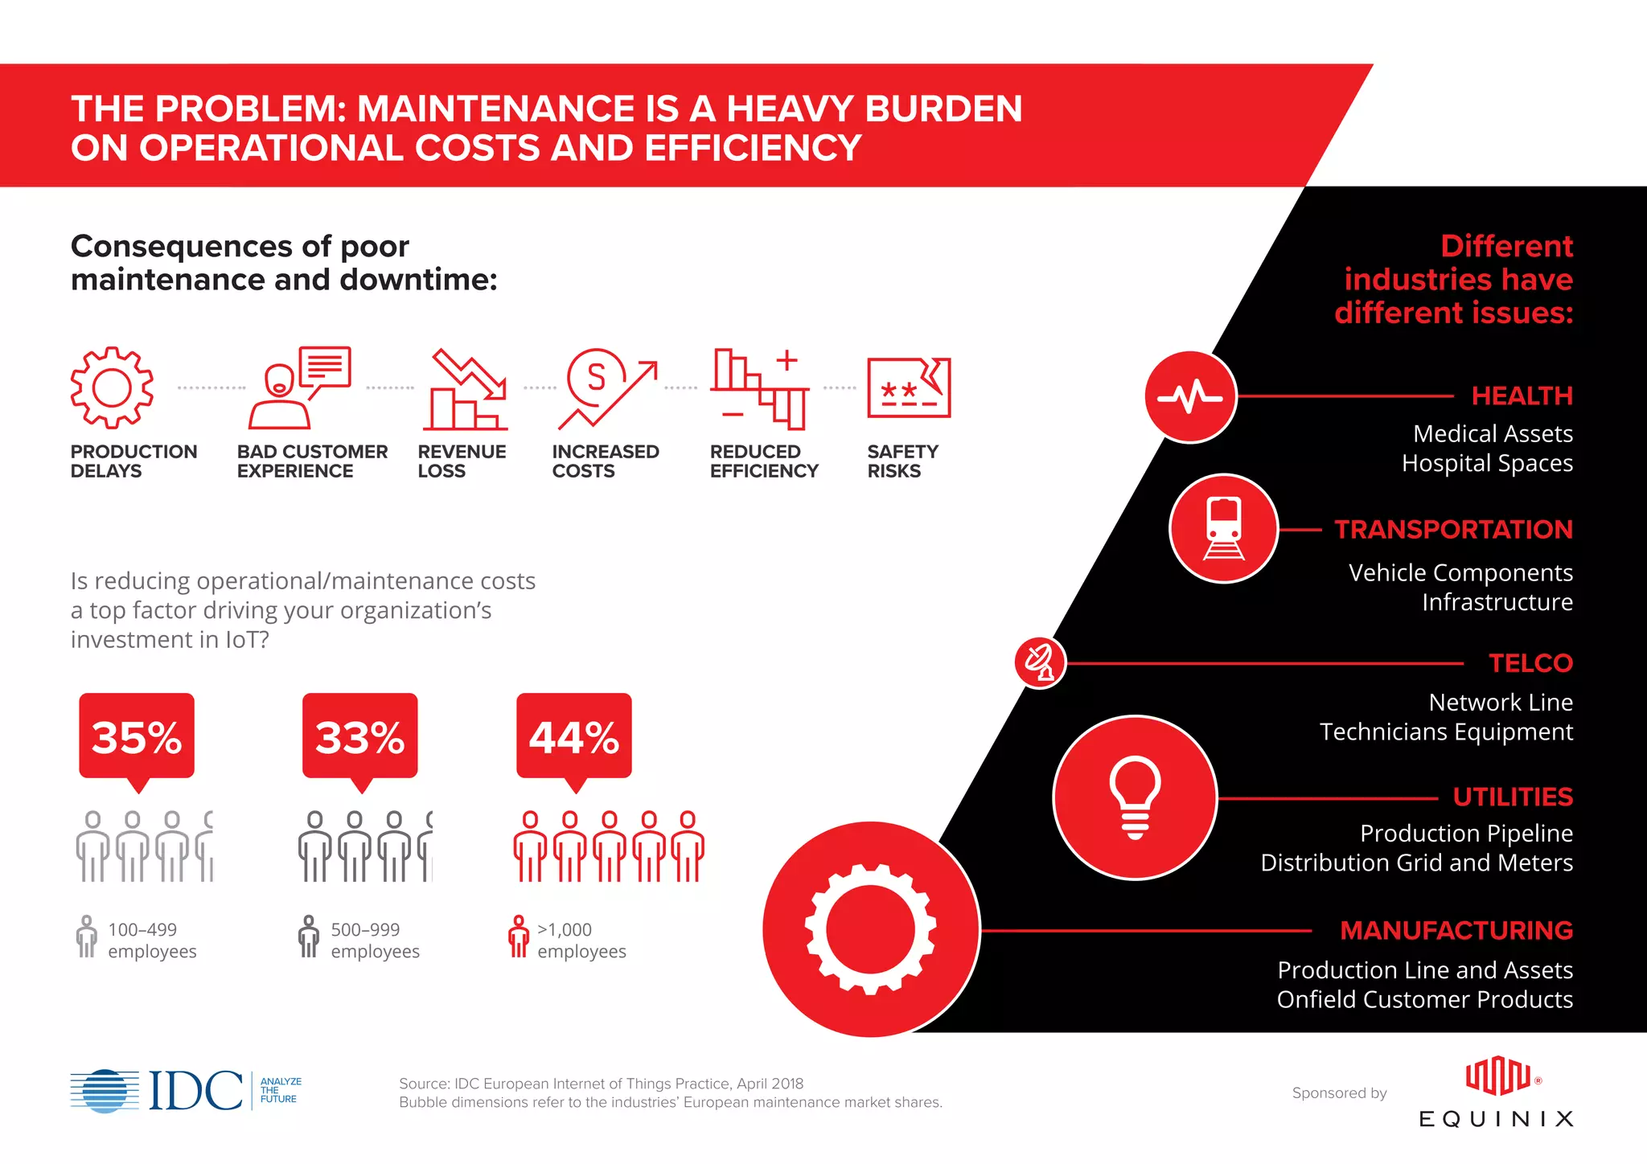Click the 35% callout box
click(137, 736)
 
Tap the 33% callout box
click(359, 736)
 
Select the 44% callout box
click(573, 736)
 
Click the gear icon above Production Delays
click(112, 387)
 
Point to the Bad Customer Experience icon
click(299, 387)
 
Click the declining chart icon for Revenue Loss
click(465, 389)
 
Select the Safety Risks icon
click(909, 387)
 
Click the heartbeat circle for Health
click(1190, 396)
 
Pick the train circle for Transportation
click(1223, 528)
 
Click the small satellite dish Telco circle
click(1040, 662)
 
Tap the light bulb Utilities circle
click(1135, 797)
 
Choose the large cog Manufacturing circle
click(871, 929)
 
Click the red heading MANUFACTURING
click(1456, 930)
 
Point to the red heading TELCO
click(1530, 663)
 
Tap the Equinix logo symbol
click(1497, 1076)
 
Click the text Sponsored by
click(1339, 1093)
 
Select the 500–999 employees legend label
click(375, 941)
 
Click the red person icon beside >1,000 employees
click(519, 937)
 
